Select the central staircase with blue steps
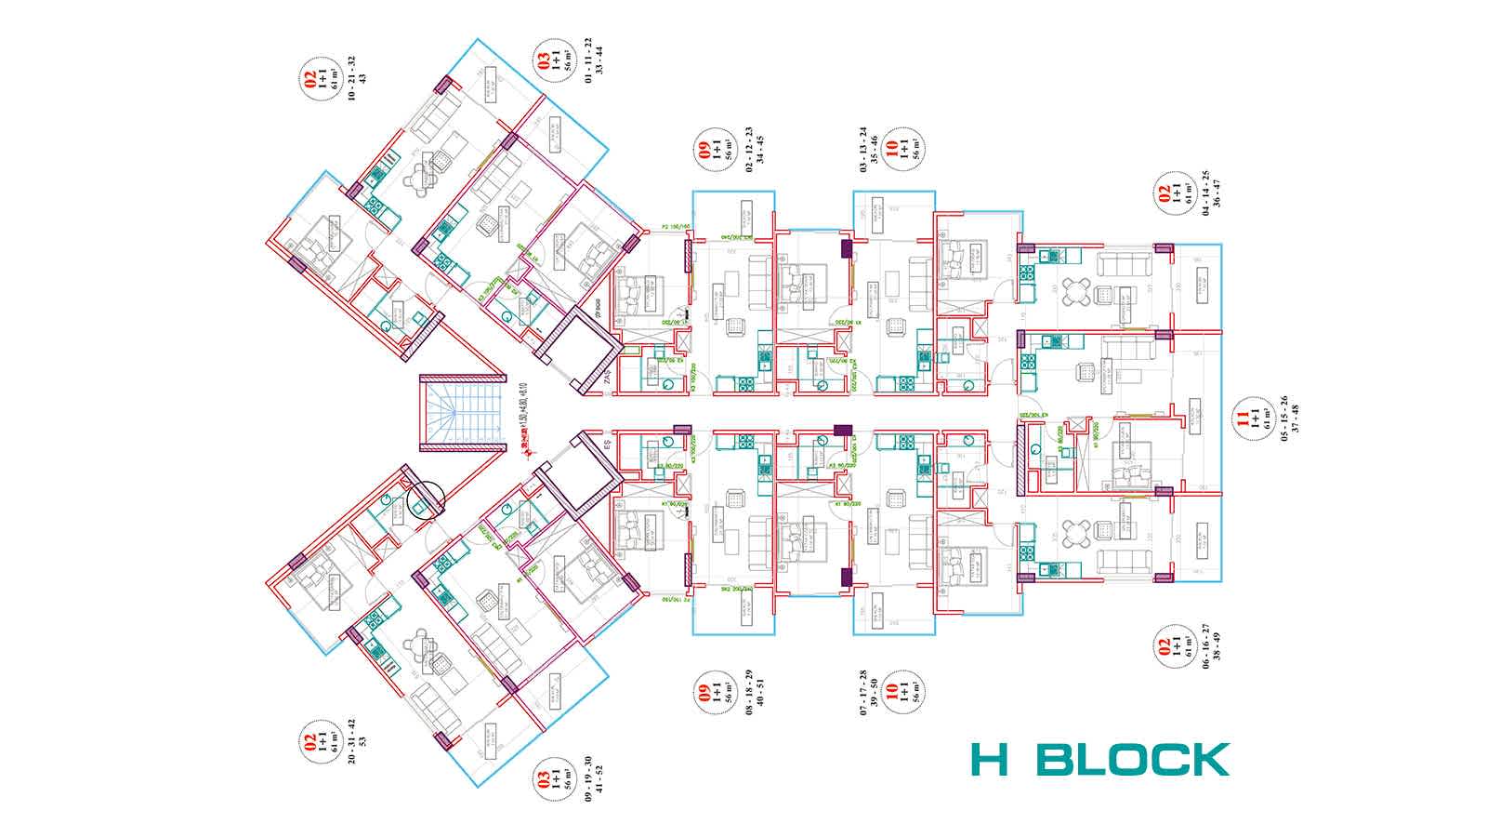pyautogui.click(x=462, y=413)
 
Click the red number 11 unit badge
pyautogui.click(x=1242, y=418)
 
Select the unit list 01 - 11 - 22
pyautogui.click(x=587, y=58)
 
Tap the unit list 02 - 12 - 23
pyautogui.click(x=749, y=146)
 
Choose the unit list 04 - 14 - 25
pyautogui.click(x=1205, y=192)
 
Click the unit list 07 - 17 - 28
pyautogui.click(x=863, y=693)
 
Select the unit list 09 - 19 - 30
pyautogui.click(x=587, y=779)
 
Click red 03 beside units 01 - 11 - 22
pyautogui.click(x=544, y=61)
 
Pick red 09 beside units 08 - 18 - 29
pyautogui.click(x=705, y=693)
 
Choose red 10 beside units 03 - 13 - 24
pyautogui.click(x=891, y=147)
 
